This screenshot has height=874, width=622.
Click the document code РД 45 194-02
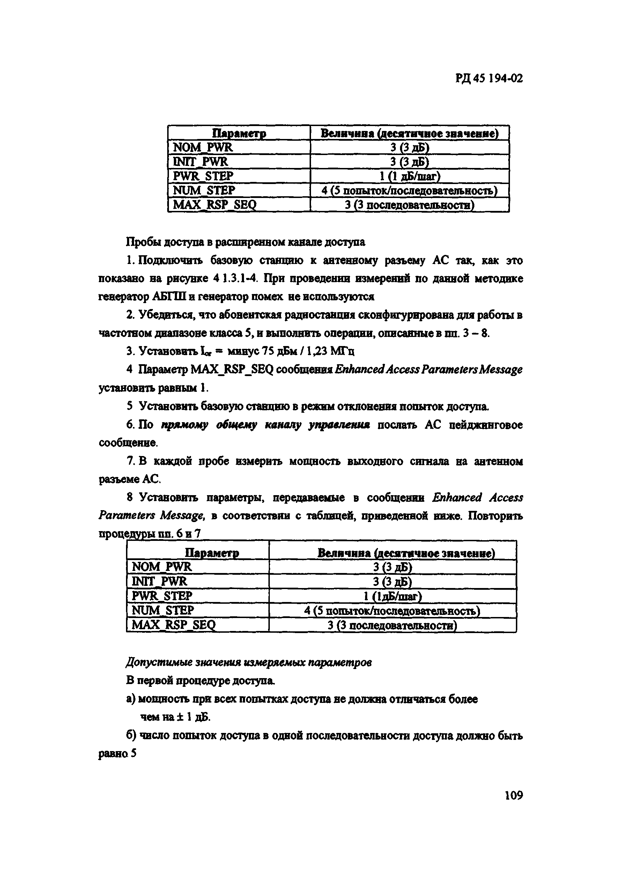coord(489,79)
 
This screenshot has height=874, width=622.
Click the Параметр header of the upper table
coord(239,133)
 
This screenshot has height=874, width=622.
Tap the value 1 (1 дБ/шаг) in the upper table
coord(410,176)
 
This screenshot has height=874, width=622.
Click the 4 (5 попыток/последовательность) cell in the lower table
coord(392,611)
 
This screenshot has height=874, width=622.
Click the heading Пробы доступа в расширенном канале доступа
coord(245,242)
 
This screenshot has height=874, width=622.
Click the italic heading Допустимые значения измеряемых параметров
coord(249,662)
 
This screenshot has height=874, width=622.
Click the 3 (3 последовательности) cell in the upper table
coord(409,205)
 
